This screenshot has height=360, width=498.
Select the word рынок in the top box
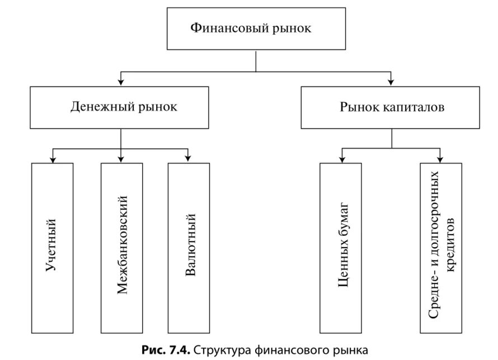(x=291, y=27)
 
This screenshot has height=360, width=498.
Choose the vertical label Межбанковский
(x=123, y=245)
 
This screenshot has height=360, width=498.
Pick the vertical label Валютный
(x=190, y=245)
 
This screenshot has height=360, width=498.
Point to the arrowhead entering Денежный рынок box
(x=121, y=82)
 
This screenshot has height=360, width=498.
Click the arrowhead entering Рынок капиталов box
(x=391, y=82)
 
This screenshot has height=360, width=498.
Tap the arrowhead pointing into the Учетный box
(x=52, y=159)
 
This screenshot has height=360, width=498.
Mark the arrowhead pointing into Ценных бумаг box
(x=342, y=159)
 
